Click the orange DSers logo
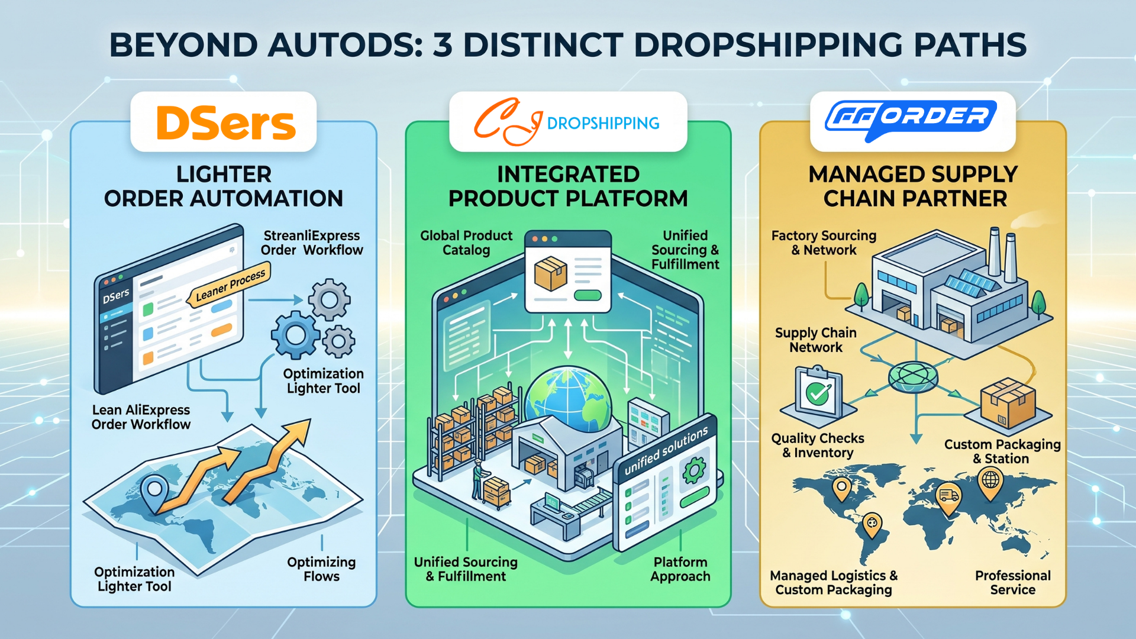click(x=225, y=123)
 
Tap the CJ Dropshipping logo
click(x=567, y=122)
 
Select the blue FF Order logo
click(x=911, y=120)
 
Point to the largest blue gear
click(x=295, y=335)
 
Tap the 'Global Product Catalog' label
click(x=466, y=243)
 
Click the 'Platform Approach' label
click(x=680, y=569)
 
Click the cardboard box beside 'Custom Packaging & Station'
click(x=1008, y=404)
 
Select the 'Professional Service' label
click(x=1013, y=583)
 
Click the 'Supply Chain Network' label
click(x=816, y=340)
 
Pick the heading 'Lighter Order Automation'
click(x=224, y=186)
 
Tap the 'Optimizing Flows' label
click(x=321, y=569)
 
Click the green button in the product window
click(x=588, y=295)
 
